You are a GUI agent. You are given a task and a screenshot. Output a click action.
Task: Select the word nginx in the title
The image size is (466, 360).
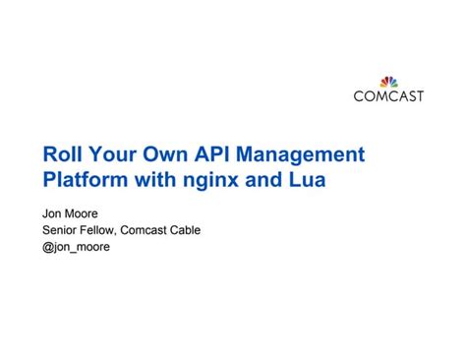207,182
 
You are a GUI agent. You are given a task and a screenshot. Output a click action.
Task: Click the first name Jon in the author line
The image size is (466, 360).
53,212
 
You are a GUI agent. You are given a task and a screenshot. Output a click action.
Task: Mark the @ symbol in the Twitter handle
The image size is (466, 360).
47,248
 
